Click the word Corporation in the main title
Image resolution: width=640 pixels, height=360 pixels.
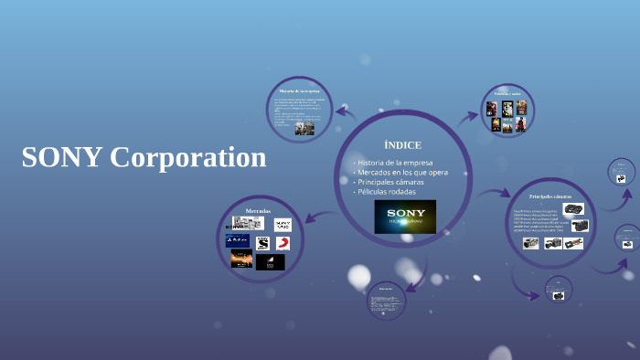(187, 157)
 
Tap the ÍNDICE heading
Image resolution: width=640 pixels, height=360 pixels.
(402, 145)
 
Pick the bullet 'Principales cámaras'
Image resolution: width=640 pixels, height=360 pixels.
(390, 182)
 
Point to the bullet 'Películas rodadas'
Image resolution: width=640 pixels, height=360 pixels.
(387, 192)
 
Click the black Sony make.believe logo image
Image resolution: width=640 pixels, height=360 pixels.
(405, 217)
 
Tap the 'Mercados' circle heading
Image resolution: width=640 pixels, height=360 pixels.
(259, 210)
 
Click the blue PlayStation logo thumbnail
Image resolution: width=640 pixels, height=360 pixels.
(238, 241)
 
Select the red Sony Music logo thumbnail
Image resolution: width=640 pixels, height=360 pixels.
(283, 243)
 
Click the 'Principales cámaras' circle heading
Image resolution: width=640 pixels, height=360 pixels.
(549, 196)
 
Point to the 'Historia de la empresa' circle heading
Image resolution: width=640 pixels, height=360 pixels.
(299, 91)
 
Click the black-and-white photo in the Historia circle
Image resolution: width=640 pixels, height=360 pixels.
(304, 129)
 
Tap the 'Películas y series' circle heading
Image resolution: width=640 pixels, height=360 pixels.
(507, 93)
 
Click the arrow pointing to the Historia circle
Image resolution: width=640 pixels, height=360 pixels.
(345, 112)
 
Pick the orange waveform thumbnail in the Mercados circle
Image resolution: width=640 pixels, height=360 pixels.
(241, 259)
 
